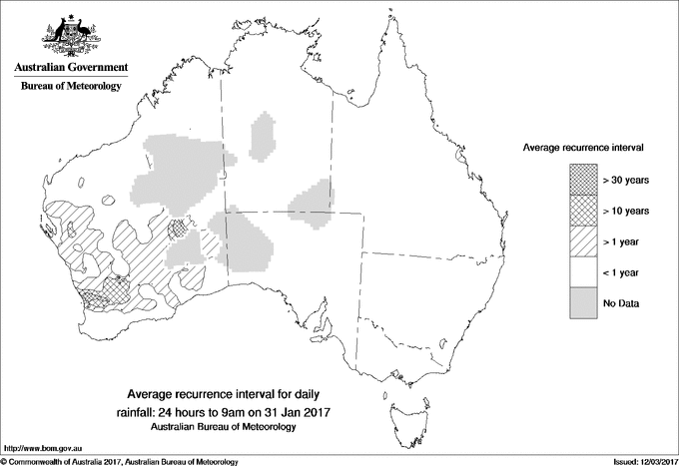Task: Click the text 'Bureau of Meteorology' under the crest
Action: pos(71,86)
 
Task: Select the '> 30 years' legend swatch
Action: pos(583,180)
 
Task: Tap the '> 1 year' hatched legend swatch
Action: pos(583,240)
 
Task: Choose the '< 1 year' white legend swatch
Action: pos(583,271)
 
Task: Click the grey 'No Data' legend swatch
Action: pos(583,302)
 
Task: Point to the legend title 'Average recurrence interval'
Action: pos(582,147)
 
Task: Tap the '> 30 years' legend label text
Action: pos(626,180)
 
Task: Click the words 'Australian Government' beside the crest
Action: pos(71,68)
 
